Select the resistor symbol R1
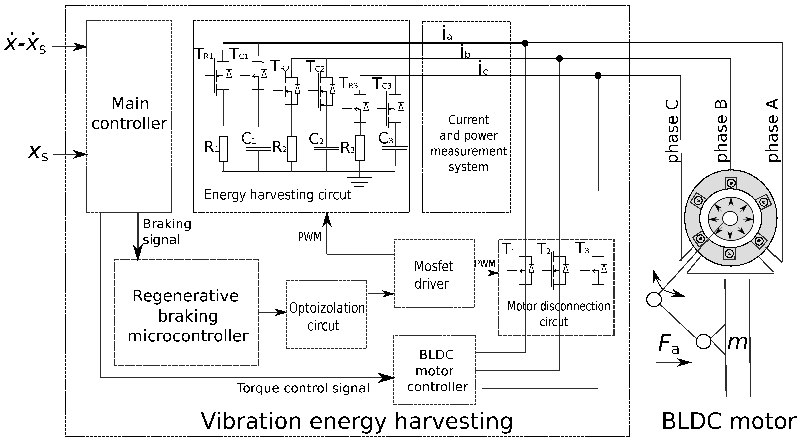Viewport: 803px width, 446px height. pos(223,149)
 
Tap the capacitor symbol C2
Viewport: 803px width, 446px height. pos(326,149)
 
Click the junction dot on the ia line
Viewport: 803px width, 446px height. pos(525,43)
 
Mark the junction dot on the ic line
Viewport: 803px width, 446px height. pos(598,75)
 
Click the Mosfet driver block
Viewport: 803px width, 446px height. pos(434,274)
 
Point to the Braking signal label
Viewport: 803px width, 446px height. pos(166,231)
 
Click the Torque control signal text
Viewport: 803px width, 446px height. pos(303,388)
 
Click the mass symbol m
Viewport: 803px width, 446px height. pos(737,342)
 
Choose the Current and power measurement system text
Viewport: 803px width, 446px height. pos(468,143)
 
